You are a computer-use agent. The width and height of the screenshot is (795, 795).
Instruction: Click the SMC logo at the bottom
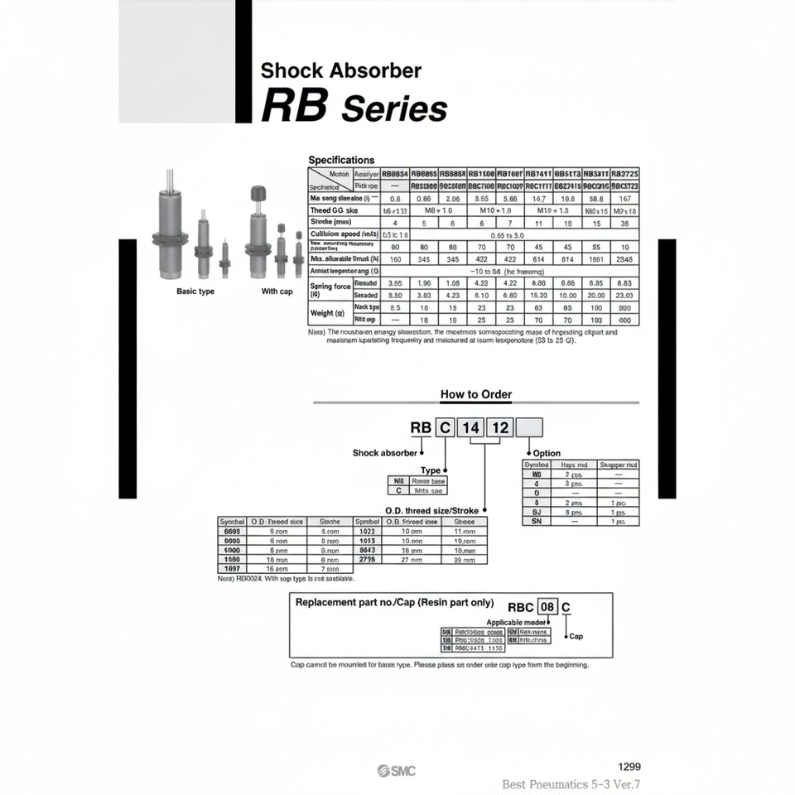pyautogui.click(x=397, y=771)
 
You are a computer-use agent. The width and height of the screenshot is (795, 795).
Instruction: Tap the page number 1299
pyautogui.click(x=629, y=767)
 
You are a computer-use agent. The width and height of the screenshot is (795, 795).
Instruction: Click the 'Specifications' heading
pyautogui.click(x=341, y=160)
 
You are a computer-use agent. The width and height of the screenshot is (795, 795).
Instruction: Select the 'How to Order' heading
pyautogui.click(x=475, y=394)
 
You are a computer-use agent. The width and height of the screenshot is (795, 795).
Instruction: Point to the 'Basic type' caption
pyautogui.click(x=195, y=291)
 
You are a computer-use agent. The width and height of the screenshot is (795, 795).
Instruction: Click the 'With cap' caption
pyautogui.click(x=277, y=291)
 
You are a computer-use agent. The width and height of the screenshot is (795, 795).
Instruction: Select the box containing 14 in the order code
pyautogui.click(x=471, y=427)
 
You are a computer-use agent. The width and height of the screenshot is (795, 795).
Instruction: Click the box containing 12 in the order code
pyautogui.click(x=500, y=427)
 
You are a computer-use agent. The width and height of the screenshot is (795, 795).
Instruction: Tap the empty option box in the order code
pyautogui.click(x=530, y=427)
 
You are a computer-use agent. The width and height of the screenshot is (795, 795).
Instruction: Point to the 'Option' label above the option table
pyautogui.click(x=547, y=453)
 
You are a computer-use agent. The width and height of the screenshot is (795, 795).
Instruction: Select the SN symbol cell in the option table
pyautogui.click(x=537, y=522)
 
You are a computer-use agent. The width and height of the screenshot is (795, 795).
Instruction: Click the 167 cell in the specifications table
pyautogui.click(x=624, y=199)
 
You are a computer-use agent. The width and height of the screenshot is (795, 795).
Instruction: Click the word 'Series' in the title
pyautogui.click(x=394, y=109)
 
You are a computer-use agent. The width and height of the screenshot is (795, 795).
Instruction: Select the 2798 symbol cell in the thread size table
pyautogui.click(x=367, y=560)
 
